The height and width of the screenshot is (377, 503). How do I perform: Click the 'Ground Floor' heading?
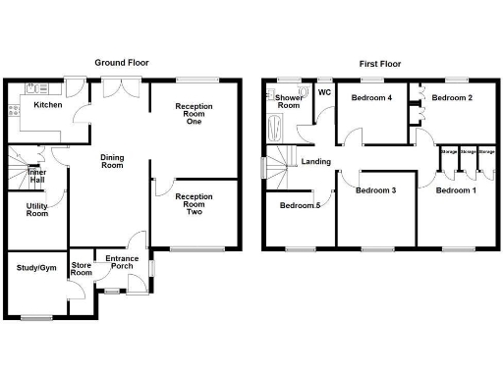pos(122,62)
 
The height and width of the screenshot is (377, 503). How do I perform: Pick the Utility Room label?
pos(37,208)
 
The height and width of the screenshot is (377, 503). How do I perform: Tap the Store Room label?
pos(82,270)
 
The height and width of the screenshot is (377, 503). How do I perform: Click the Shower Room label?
pos(289,103)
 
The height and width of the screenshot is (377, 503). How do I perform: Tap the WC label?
pos(323,94)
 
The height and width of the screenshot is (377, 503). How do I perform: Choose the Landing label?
pos(316,162)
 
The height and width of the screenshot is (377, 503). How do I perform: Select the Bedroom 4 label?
pos(372,98)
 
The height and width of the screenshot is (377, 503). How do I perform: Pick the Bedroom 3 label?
pos(376,189)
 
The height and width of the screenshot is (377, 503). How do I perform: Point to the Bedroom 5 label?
pos(300,206)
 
